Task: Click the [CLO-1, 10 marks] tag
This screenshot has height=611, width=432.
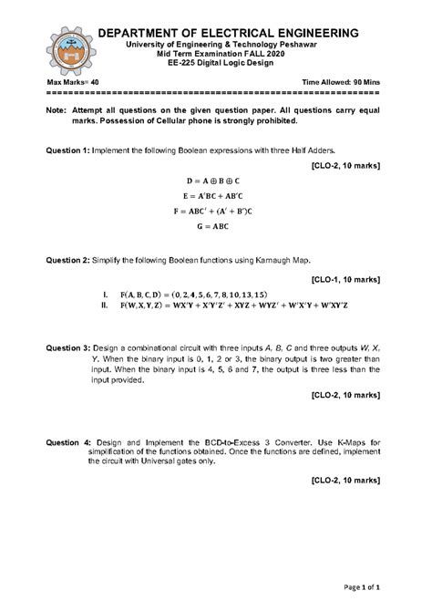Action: tap(345, 278)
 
